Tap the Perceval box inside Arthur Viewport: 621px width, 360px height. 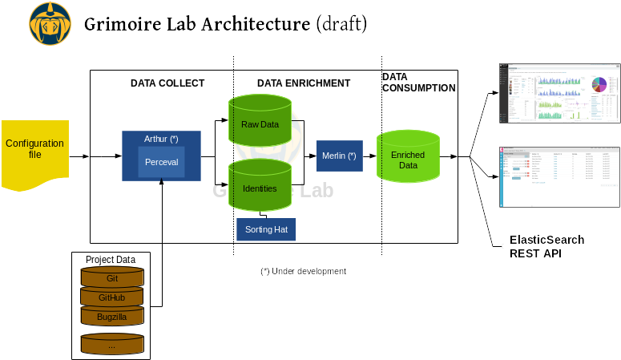[x=161, y=163]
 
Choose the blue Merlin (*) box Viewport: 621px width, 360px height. [x=340, y=155]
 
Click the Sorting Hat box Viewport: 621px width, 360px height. [x=266, y=229]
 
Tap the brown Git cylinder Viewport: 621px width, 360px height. [x=112, y=278]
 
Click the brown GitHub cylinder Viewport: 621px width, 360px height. [x=112, y=297]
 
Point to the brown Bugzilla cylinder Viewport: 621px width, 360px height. [x=112, y=317]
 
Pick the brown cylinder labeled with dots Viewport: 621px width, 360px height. [x=112, y=346]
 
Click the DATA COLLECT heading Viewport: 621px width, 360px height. [x=167, y=83]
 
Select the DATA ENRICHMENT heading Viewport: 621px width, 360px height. [x=303, y=83]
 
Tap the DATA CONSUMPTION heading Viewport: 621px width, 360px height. [x=418, y=83]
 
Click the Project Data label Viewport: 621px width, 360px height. [x=111, y=260]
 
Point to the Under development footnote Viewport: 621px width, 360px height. [x=302, y=271]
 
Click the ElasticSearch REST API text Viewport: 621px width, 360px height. [x=546, y=247]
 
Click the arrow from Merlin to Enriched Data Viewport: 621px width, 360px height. [x=369, y=155]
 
